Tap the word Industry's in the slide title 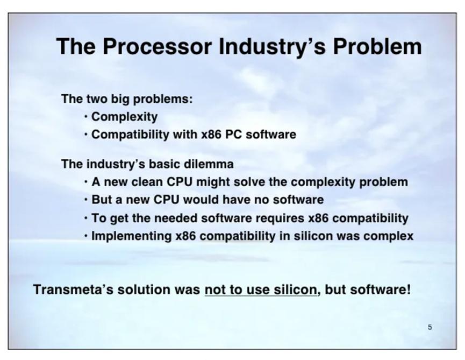coord(272,47)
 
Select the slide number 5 coord(430,327)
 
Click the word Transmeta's coord(73,290)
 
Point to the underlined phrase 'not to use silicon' coord(261,290)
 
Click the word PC coord(233,135)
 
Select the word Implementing coord(131,236)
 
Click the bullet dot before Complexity coord(85,116)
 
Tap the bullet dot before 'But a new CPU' coord(85,200)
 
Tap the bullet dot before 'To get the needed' coord(85,218)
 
